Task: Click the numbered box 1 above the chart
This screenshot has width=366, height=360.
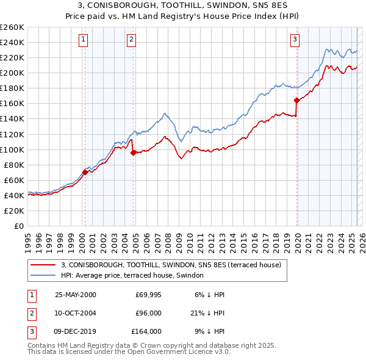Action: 83,40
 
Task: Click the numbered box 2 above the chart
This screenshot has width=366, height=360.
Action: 131,40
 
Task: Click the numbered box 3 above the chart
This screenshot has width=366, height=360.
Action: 295,40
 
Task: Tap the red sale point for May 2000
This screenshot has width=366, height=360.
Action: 85,172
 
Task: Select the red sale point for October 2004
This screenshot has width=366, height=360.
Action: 133,153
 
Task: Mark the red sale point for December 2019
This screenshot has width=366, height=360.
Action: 296,100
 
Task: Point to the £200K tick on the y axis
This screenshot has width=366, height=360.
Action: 13,73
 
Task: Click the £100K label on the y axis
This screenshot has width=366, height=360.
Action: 13,149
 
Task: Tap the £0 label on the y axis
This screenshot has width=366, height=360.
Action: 18,226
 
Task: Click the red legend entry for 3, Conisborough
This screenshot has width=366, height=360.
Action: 171,265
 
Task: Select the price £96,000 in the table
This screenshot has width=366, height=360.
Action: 148,313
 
